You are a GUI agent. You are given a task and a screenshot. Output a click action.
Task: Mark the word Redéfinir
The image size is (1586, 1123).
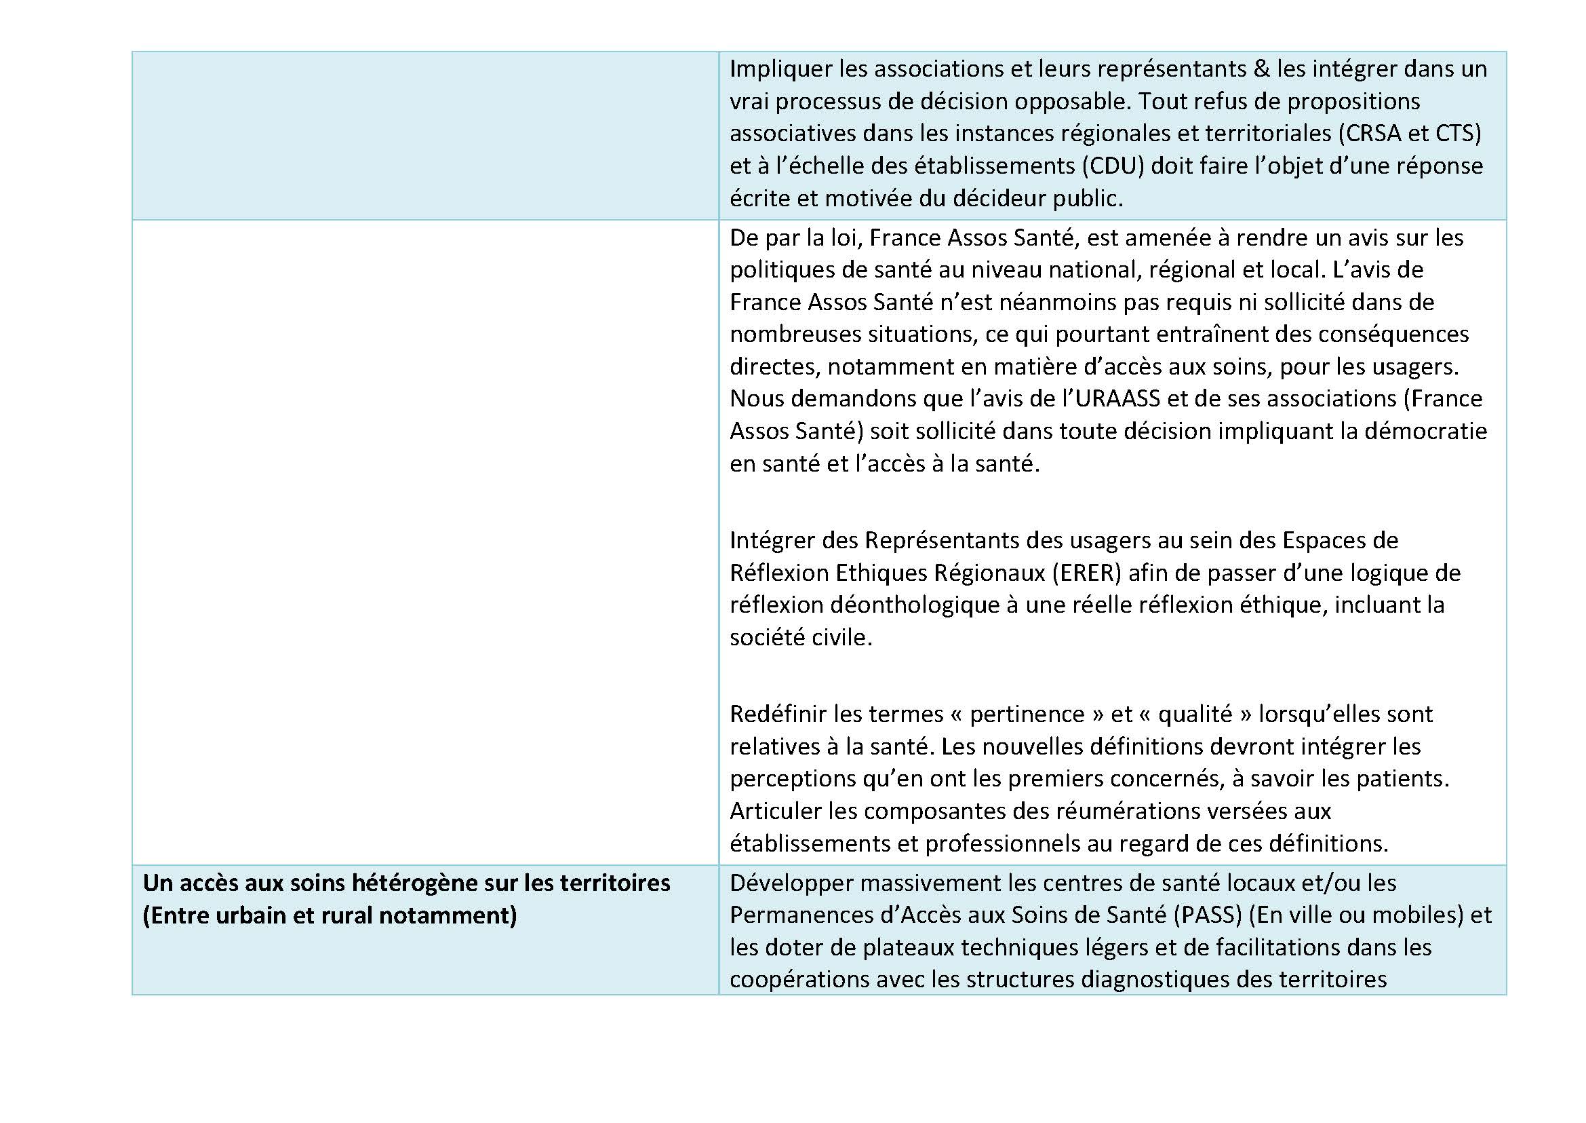pyautogui.click(x=778, y=714)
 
